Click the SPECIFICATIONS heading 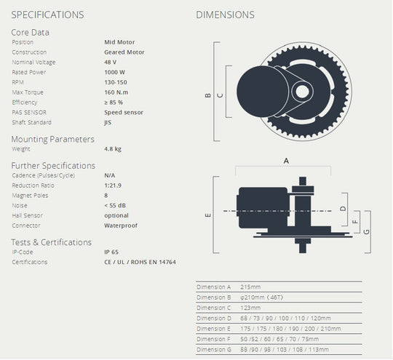pos(47,15)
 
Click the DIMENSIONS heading pos(226,15)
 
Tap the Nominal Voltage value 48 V pos(111,62)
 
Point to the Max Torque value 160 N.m pos(118,92)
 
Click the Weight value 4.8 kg pos(113,148)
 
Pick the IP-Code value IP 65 pos(112,252)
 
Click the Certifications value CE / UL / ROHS pos(140,262)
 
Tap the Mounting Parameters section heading pos(52,138)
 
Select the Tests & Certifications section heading pos(51,241)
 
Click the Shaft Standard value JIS pos(108,123)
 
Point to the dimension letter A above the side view pos(286,161)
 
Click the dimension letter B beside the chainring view pos(207,95)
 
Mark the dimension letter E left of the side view pos(207,215)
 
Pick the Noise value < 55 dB pos(116,206)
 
